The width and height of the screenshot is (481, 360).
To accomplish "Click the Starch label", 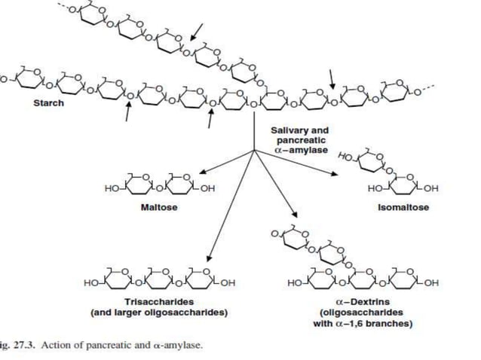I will pyautogui.click(x=49, y=103).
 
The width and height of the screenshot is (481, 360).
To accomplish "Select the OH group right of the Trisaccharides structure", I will pyautogui.click(x=228, y=282).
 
